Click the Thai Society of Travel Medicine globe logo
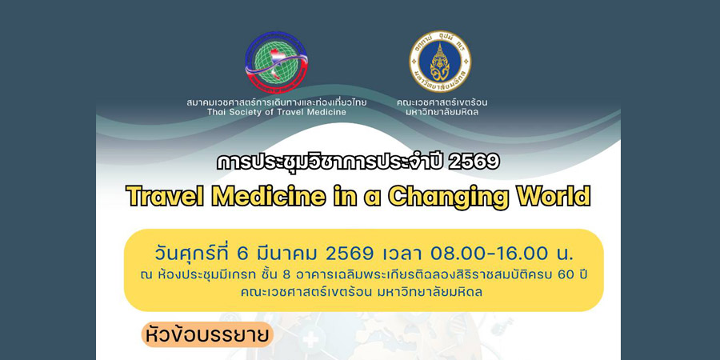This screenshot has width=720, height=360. click(276, 62)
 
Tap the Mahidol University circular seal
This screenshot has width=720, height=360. click(440, 61)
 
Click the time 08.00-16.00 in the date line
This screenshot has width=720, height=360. click(490, 253)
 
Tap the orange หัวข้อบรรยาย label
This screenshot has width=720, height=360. click(206, 334)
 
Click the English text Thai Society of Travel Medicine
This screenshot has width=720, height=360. click(277, 111)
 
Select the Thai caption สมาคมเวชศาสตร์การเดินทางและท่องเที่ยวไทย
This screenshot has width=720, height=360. click(277, 102)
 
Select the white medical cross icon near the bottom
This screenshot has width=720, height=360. click(311, 341)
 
